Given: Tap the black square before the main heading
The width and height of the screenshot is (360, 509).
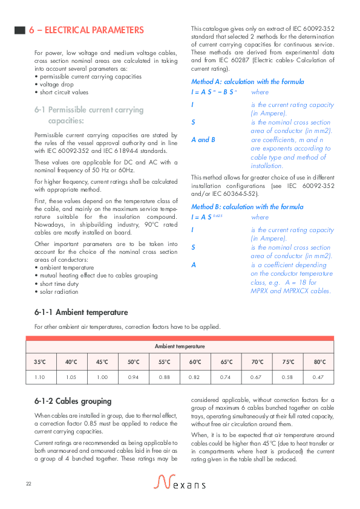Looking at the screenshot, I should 19,30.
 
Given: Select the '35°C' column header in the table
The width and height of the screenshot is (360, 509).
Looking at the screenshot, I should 40,362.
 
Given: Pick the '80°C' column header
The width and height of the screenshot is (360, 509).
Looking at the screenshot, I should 319,362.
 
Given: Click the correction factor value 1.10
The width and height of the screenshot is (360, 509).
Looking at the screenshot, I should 40,377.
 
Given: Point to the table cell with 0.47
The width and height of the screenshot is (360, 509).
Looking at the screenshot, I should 319,377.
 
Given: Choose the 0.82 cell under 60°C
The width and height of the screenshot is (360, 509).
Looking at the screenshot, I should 195,377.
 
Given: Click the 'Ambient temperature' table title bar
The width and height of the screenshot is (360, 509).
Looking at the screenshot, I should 180,346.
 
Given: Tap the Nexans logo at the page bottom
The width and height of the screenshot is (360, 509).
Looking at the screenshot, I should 180,482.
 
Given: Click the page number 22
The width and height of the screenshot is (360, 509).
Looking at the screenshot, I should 28,484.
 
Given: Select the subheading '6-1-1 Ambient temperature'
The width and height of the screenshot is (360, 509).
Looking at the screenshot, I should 81,313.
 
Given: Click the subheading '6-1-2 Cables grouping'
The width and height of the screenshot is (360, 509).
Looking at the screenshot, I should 73,401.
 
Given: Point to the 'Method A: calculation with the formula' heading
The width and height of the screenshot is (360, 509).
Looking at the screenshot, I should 247,82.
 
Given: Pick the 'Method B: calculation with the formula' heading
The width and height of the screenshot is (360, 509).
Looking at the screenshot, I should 247,207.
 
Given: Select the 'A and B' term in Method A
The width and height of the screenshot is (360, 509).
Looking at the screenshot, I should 203,140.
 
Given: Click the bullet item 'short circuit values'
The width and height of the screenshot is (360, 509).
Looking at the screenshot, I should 63,92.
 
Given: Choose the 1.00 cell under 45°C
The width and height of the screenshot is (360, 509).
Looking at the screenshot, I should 102,377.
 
